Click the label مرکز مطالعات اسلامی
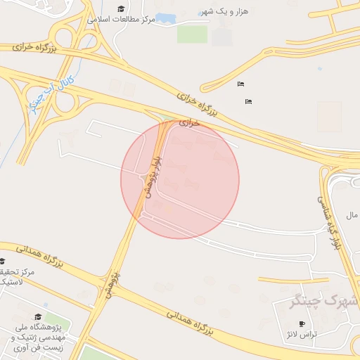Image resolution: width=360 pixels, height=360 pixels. coord(121,19)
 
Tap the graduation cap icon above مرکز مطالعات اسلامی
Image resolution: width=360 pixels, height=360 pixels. coord(121,8)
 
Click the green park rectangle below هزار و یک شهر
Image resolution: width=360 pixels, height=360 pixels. coord(192,33)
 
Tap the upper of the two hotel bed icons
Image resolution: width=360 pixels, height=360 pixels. coord(241,84)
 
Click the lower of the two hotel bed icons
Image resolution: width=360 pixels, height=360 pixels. coord(248,102)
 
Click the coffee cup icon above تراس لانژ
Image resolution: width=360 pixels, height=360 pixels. coord(302,323)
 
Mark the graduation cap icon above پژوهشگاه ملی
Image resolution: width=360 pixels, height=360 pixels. coord(38,317)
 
